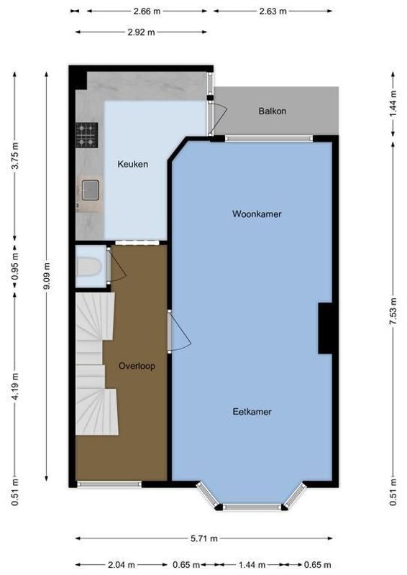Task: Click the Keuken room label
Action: (132, 164)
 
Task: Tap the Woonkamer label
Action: (256, 214)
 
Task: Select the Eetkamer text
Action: (252, 412)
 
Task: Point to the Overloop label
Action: (137, 366)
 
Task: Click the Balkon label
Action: (273, 111)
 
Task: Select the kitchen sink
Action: (90, 190)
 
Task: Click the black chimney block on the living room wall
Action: (325, 328)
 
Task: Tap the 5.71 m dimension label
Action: (204, 538)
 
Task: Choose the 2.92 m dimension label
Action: (141, 32)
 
